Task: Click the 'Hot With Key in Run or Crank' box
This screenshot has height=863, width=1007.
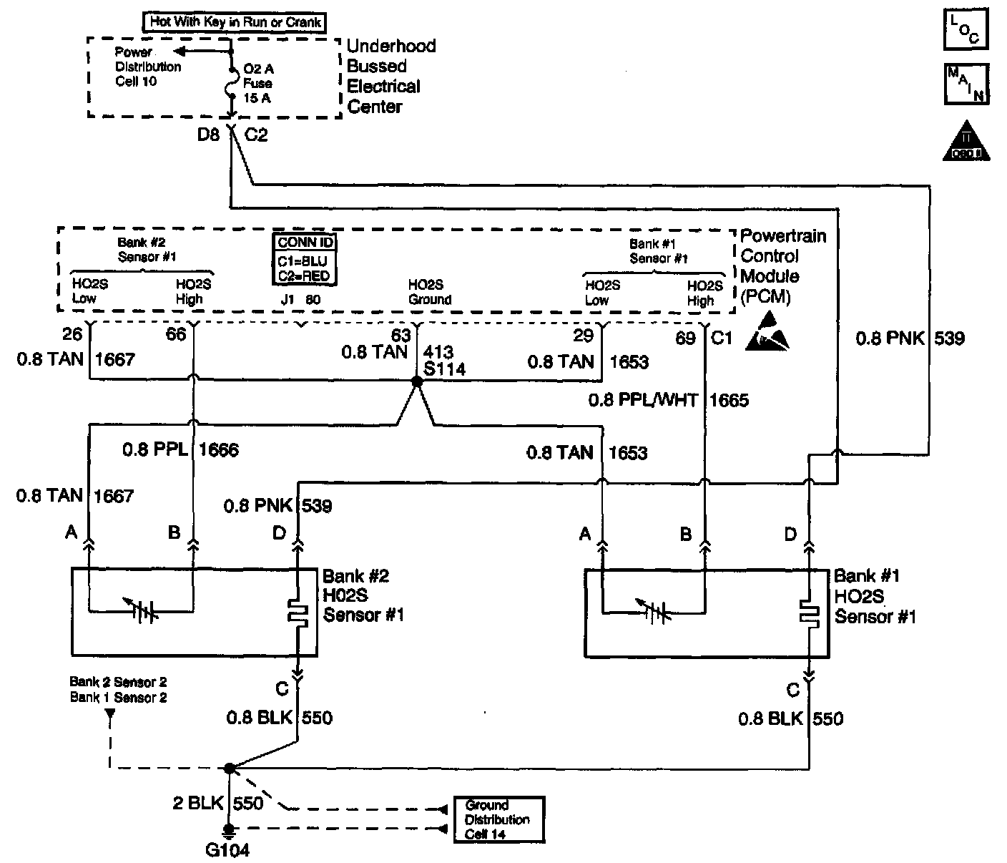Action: [x=235, y=22]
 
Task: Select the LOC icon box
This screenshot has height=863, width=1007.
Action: [x=966, y=29]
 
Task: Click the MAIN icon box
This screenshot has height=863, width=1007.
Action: [x=966, y=84]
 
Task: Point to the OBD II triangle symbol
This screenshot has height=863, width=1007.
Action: [x=966, y=142]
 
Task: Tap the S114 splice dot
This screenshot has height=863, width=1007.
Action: [x=417, y=383]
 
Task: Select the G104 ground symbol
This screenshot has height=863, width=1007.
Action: [x=229, y=832]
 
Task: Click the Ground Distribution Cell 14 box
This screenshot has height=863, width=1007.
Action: [x=498, y=819]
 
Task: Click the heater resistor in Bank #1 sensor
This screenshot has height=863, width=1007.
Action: [x=810, y=613]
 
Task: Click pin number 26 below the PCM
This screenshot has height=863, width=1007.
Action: [x=72, y=334]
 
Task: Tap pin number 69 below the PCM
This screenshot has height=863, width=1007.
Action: [x=685, y=337]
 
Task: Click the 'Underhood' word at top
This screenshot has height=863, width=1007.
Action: [x=390, y=46]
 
